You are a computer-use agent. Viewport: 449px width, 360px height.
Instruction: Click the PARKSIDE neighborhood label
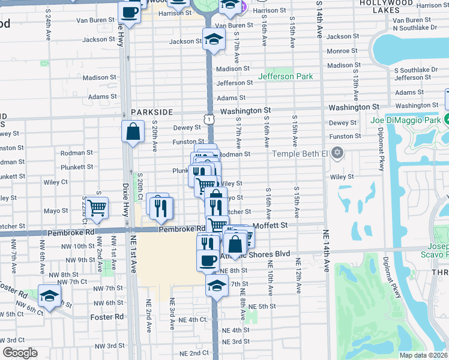point(152,112)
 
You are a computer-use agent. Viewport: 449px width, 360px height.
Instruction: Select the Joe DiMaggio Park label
point(405,119)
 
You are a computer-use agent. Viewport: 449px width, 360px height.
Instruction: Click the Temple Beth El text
point(300,154)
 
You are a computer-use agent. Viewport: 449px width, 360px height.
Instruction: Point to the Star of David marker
point(337,152)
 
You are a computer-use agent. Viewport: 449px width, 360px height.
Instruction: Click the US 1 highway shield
point(208,121)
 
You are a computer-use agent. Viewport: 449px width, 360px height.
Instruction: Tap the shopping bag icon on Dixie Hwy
point(133,131)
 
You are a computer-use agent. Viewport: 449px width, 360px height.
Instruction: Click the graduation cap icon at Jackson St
point(213,39)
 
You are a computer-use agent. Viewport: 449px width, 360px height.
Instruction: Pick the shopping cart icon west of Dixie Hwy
point(97,208)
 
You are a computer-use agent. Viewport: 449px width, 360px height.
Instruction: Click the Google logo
point(20,353)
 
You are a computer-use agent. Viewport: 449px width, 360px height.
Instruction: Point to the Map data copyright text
point(423,355)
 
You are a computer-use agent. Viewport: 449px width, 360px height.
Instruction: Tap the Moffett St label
point(271,225)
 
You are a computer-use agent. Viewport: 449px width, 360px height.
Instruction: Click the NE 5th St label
point(262,307)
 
